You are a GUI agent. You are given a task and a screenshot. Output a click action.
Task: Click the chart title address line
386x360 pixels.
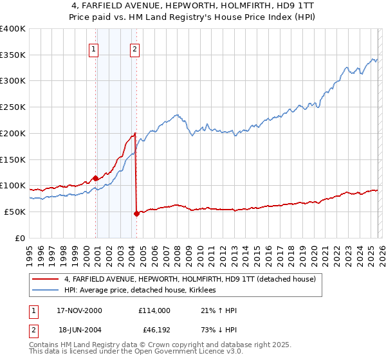pyautogui.click(x=193, y=6)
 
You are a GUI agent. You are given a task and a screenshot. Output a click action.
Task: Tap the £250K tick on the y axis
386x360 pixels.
pyautogui.click(x=13, y=107)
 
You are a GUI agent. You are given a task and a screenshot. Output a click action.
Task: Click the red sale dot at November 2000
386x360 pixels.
pyautogui.click(x=96, y=178)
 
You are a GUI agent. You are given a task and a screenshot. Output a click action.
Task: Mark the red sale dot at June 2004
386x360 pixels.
pyautogui.click(x=136, y=213)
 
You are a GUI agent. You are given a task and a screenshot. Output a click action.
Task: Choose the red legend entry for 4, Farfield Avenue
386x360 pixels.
pyautogui.click(x=190, y=280)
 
